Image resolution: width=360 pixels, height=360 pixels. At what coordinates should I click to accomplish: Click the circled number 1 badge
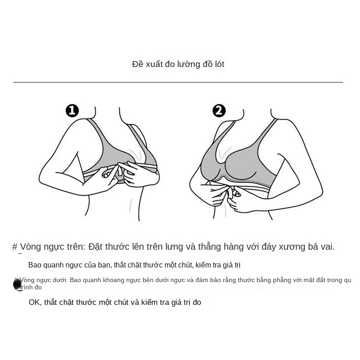click(x=72, y=111)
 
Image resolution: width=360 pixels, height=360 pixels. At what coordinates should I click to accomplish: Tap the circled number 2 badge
click(x=219, y=111)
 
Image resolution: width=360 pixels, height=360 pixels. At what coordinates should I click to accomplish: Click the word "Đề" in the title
click(x=138, y=64)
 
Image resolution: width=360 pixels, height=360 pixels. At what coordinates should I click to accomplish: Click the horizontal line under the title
click(x=178, y=82)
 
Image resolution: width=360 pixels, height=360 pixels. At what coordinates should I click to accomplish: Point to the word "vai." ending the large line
click(x=326, y=247)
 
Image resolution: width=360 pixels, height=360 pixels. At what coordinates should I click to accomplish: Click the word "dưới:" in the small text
click(x=58, y=280)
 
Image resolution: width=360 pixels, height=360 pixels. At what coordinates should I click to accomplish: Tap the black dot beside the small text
click(x=17, y=284)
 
